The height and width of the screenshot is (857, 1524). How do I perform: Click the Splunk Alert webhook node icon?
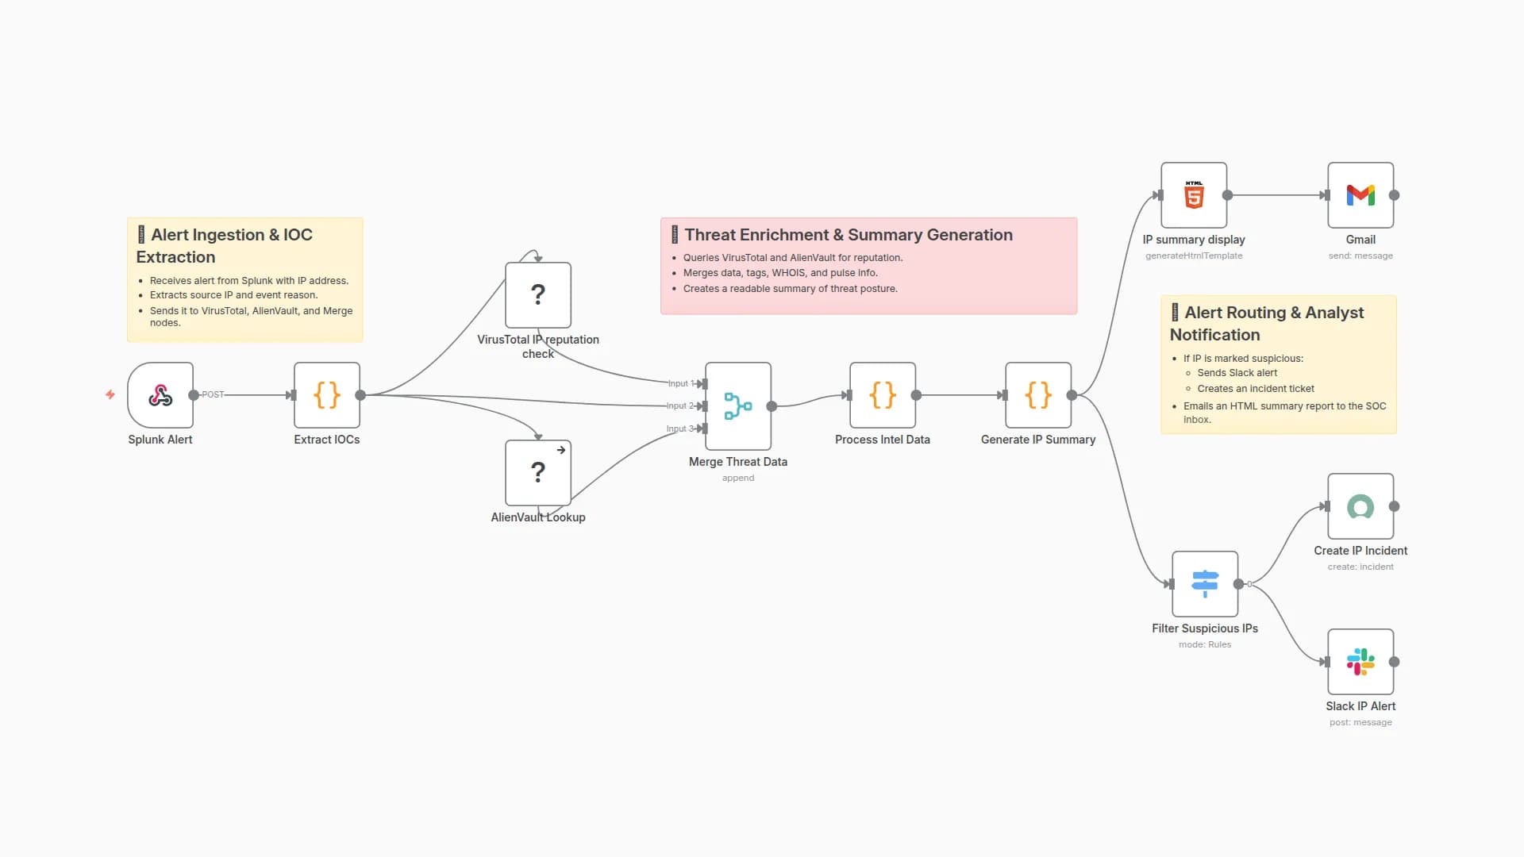pyautogui.click(x=160, y=395)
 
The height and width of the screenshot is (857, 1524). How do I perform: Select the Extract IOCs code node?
pyautogui.click(x=327, y=395)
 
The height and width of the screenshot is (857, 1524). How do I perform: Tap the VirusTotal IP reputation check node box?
pyautogui.click(x=538, y=295)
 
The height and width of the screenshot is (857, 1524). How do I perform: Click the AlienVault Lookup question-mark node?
pyautogui.click(x=538, y=473)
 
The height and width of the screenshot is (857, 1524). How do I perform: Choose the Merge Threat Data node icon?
pyautogui.click(x=738, y=406)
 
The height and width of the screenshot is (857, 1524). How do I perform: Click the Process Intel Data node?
pyautogui.click(x=883, y=395)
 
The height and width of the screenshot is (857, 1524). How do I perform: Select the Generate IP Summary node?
pyautogui.click(x=1038, y=395)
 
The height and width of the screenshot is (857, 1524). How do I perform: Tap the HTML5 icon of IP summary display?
pyautogui.click(x=1194, y=195)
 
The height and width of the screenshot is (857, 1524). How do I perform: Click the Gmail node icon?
pyautogui.click(x=1360, y=195)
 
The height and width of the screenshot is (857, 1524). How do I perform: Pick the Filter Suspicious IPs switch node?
pyautogui.click(x=1205, y=584)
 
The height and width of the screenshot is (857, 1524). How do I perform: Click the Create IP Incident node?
pyautogui.click(x=1360, y=506)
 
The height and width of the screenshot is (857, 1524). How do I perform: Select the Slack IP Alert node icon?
pyautogui.click(x=1360, y=662)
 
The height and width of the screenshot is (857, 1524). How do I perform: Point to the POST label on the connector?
pyautogui.click(x=213, y=394)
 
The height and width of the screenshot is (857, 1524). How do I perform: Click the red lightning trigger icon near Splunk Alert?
pyautogui.click(x=110, y=394)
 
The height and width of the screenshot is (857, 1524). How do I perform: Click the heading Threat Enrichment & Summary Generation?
pyautogui.click(x=848, y=235)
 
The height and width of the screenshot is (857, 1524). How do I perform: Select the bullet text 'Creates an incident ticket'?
pyautogui.click(x=1255, y=389)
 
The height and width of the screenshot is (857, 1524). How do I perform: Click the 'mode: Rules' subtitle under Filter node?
pyautogui.click(x=1204, y=644)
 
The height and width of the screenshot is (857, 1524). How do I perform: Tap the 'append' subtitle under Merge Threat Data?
pyautogui.click(x=737, y=478)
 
